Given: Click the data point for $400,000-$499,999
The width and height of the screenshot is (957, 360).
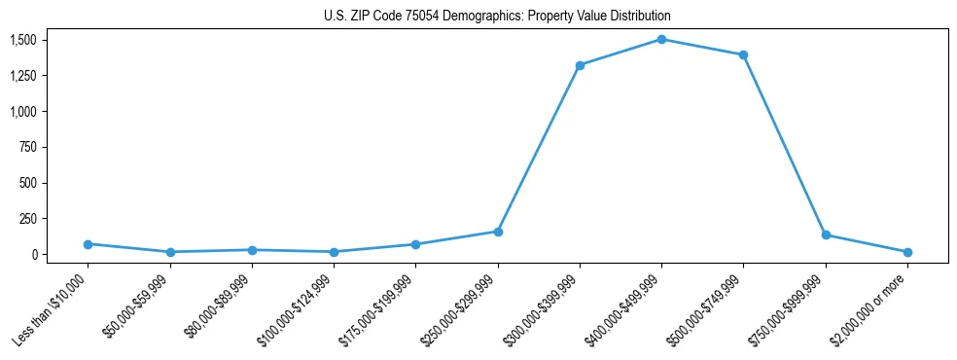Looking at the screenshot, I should coord(661,39).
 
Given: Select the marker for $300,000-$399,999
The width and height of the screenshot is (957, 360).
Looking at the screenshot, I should coord(580,65).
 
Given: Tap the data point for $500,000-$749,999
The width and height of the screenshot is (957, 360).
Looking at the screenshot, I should coord(743,54).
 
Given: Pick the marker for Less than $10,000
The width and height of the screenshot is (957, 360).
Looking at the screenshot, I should coord(88,244).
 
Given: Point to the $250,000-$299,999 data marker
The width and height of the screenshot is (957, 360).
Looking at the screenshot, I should coord(498,232).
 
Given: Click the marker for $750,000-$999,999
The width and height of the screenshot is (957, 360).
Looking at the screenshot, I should coord(826,234).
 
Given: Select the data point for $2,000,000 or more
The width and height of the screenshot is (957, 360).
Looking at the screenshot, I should coord(907,252).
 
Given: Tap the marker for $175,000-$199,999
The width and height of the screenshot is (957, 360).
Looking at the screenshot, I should coord(415,244).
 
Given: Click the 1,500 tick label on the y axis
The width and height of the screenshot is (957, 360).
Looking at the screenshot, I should coord(22,40).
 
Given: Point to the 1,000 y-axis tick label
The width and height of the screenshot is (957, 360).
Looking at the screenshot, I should coord(22,111).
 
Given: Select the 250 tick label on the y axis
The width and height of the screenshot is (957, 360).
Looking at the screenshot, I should coord(27,219).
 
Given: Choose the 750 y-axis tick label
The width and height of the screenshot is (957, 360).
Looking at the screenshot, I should coord(27,147).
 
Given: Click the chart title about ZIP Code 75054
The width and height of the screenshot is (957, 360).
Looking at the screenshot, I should coord(497,17).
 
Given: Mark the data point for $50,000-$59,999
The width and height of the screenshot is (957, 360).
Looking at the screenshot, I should coord(170,252).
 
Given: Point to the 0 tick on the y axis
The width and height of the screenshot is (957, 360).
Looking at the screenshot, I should coord(32,254).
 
